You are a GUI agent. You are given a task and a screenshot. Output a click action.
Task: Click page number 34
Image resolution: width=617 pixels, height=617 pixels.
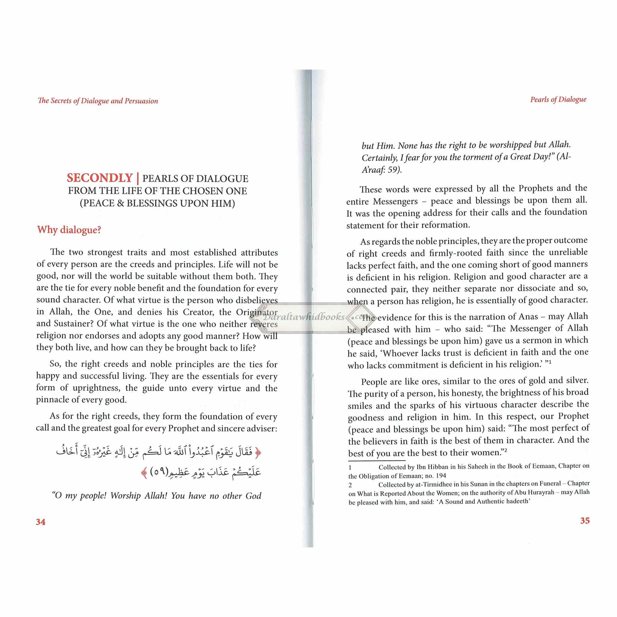[x=41, y=522]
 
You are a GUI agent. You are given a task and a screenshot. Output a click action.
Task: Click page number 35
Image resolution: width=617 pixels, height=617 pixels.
[x=584, y=521]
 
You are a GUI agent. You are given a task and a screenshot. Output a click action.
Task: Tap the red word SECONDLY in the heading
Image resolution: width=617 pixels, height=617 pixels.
[x=100, y=178]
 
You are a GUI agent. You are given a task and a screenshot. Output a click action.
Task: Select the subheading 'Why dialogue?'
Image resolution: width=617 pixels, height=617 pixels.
[x=69, y=230]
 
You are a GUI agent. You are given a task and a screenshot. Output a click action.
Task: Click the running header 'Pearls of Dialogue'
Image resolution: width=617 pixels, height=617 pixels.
[x=558, y=99]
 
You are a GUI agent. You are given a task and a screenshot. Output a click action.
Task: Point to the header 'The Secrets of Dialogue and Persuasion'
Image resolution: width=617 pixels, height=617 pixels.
[x=98, y=101]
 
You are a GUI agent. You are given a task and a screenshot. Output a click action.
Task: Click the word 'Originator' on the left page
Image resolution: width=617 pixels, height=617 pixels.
[x=256, y=312]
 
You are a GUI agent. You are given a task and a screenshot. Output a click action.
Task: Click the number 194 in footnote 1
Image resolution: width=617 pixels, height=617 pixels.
[x=441, y=475]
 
